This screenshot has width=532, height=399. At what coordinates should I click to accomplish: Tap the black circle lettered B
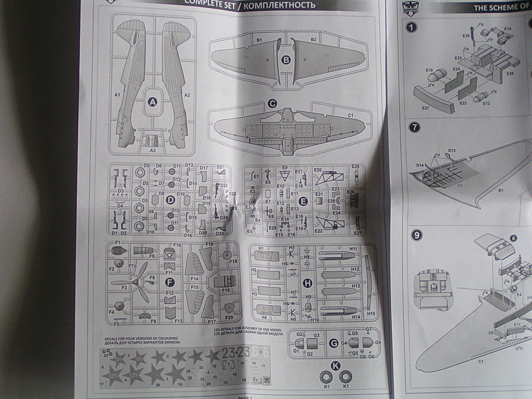286,60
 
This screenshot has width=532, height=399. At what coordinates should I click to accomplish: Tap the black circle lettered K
335,366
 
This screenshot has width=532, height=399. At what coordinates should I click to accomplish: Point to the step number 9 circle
416,235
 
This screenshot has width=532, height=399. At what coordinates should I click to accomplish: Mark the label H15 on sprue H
371,313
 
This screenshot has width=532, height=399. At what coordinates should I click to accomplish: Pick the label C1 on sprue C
350,115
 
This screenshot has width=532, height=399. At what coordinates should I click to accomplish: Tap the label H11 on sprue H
353,249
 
